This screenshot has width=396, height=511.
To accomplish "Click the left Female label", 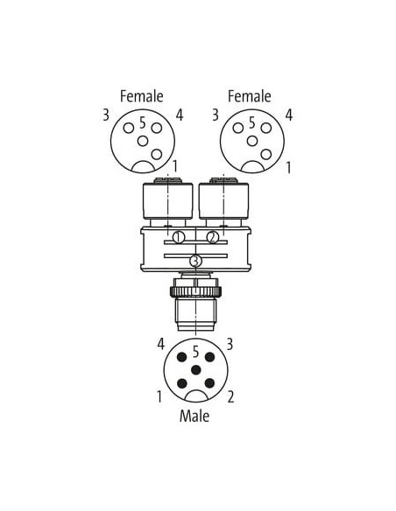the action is coord(142,96).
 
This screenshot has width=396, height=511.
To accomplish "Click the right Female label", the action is coord(249,96).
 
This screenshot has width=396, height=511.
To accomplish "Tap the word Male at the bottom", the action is coord(194,416).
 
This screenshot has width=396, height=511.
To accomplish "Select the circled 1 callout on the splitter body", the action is coord(179,237).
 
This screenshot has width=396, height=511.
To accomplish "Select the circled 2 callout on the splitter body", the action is coord(213,237).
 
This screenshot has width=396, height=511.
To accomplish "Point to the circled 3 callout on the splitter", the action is coord(195,261).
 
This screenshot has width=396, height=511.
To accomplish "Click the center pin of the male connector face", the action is coord(195,370).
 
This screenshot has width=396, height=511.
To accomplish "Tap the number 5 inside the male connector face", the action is coord(195,352).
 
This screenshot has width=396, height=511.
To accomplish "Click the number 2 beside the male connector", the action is coord(230,397).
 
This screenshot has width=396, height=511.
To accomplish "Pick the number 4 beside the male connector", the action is coord(161,344).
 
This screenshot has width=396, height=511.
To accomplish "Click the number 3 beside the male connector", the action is coord(230,344).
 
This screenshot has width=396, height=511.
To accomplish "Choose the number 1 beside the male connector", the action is coord(159,397).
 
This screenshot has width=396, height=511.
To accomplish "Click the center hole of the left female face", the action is coord(143,141).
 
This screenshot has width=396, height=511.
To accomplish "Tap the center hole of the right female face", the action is coord(252,141).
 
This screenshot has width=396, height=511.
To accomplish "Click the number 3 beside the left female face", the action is coord(106,115).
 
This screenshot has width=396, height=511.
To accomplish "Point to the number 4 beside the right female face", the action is coord(289,115).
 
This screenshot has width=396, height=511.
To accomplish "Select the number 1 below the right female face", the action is coord(288,168).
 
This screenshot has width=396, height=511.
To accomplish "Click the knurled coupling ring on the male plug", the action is coord(195,290).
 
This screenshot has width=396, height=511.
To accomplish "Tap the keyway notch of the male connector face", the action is coord(196,396).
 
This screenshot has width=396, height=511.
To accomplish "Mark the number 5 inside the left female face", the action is coord(143,122).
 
